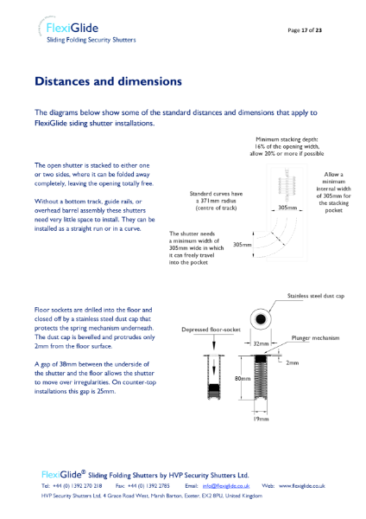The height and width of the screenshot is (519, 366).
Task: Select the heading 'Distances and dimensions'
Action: pos(108,82)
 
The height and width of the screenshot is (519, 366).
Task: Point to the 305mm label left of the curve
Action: pos(243,245)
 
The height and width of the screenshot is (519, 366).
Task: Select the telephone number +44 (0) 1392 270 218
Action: pos(80,487)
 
